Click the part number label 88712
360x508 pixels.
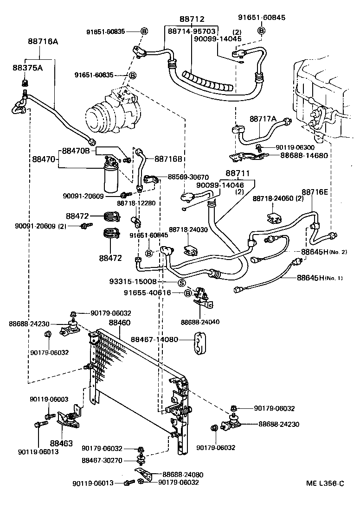(192, 19)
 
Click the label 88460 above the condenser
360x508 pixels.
(120, 323)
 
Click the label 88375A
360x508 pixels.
(27, 68)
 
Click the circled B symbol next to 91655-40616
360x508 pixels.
(187, 293)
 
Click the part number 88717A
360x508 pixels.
(263, 119)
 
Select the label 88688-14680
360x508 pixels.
(304, 155)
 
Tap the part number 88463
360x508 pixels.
(62, 443)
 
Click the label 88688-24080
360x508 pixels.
(182, 474)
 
